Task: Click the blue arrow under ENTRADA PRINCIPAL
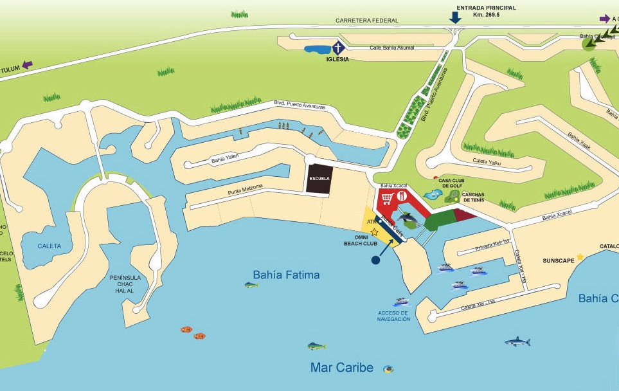coord(455,17)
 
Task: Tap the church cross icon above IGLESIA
coord(337,48)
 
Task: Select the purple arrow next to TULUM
coord(26,64)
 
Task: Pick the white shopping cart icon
coord(387,197)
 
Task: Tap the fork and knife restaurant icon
coord(402,197)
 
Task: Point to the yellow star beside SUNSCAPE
coord(580,257)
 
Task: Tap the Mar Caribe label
coord(341,368)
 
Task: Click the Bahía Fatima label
coord(286,275)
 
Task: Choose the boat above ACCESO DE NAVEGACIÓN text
coord(401,302)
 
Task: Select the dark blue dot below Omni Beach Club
coord(375,260)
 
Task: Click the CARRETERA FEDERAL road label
coord(366,21)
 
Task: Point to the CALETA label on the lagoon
coord(49,246)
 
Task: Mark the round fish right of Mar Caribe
coord(388,369)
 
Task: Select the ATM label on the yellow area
coord(372,222)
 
